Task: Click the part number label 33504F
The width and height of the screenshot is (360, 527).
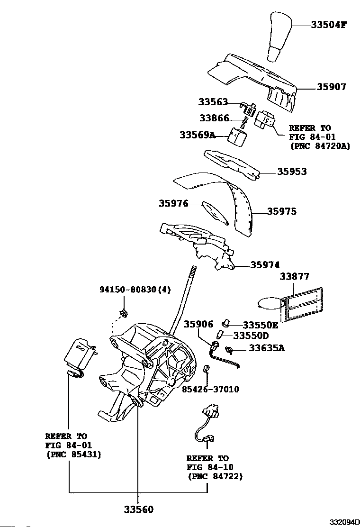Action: click(x=328, y=25)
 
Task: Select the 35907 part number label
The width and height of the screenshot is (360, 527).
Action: click(x=331, y=87)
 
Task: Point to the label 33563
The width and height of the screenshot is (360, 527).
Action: click(x=213, y=101)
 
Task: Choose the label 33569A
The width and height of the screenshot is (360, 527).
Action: click(x=198, y=135)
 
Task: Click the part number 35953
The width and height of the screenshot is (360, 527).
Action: click(x=292, y=172)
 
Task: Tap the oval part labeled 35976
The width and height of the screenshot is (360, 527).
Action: click(x=216, y=212)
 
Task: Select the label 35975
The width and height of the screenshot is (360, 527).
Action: click(x=282, y=211)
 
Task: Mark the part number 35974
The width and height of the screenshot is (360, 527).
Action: click(x=265, y=265)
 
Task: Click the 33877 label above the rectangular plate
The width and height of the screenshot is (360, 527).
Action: click(x=295, y=276)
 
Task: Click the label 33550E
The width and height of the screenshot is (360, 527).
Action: click(x=261, y=325)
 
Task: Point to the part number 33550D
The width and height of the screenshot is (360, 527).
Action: click(x=251, y=336)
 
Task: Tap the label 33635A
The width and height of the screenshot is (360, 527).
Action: click(x=267, y=348)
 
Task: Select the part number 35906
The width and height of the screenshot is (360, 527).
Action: click(x=198, y=324)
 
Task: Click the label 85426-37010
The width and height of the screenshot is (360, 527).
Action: click(x=211, y=389)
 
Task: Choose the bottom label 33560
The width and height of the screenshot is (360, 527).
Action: click(x=139, y=509)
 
